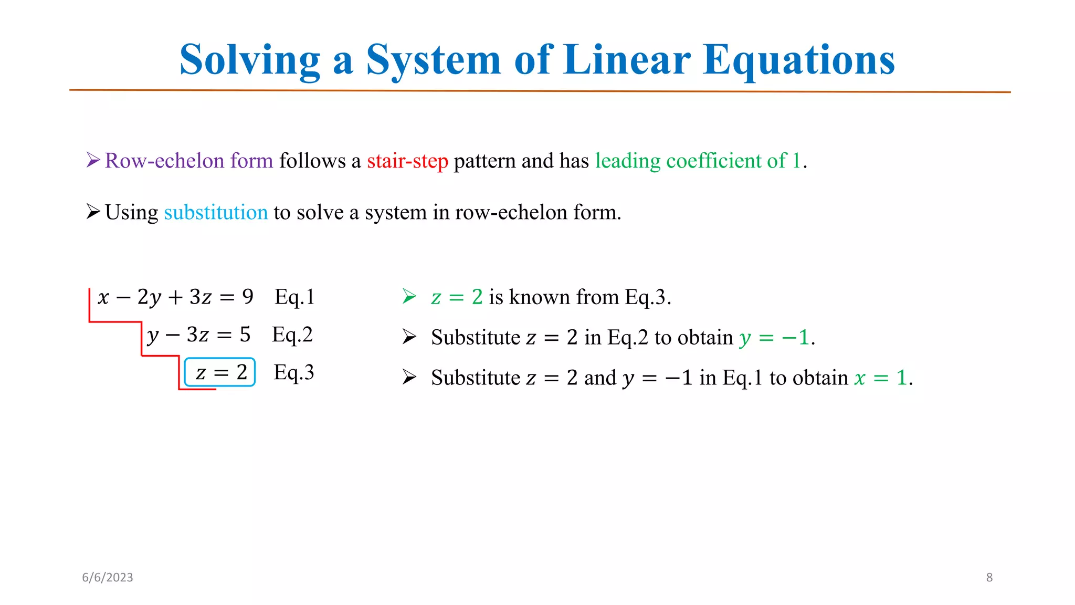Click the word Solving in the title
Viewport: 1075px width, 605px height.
coord(250,60)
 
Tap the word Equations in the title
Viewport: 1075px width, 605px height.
coord(798,60)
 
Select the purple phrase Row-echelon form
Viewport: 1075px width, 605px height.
coord(189,161)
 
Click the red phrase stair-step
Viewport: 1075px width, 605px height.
coord(407,161)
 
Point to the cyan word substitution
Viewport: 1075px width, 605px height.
coord(216,212)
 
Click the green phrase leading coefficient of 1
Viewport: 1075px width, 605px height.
coord(698,161)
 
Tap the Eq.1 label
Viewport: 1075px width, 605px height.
coord(294,297)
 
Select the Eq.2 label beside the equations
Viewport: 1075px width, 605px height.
coord(292,335)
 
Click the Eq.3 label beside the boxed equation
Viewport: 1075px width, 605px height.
coord(294,372)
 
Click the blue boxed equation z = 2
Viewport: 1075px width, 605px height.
coord(220,372)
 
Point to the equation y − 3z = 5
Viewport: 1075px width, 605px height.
coord(198,335)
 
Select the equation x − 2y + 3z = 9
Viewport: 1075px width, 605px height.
coord(175,297)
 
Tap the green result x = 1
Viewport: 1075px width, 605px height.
coord(881,378)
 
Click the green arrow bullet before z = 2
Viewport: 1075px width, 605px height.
coord(409,297)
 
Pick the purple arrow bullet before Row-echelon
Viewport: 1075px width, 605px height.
coord(93,160)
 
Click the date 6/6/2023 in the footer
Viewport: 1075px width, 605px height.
coord(108,577)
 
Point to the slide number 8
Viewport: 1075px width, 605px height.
coord(989,577)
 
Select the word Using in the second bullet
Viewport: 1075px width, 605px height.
coord(131,213)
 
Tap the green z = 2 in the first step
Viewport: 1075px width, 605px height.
coord(457,297)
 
